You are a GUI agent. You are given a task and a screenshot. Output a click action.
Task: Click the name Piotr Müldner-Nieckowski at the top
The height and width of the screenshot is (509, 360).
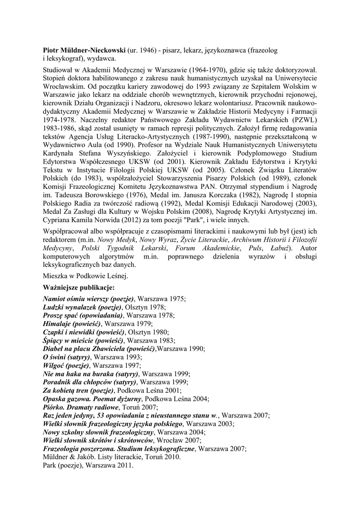[84, 51]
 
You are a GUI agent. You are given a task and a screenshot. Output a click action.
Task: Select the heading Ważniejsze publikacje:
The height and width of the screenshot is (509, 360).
[79, 287]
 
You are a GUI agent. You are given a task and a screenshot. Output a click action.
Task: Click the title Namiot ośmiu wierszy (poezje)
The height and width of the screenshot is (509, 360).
[89, 299]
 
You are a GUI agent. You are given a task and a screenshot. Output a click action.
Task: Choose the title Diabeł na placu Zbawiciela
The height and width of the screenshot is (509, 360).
[99, 348]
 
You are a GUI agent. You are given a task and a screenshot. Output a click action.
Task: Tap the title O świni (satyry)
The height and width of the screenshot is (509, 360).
[66, 357]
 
